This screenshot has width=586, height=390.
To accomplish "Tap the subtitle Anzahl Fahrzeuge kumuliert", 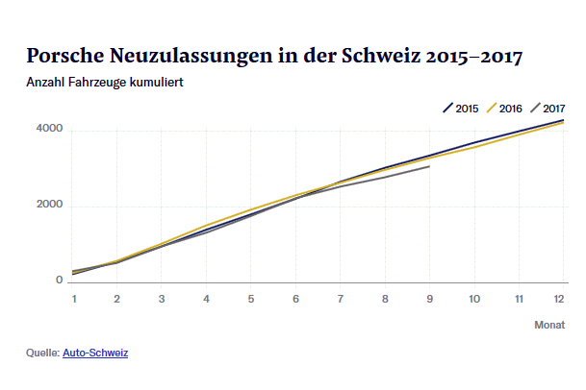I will [105, 82].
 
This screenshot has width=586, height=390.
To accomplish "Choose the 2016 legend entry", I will [505, 108].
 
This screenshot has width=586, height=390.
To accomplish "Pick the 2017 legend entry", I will [548, 108].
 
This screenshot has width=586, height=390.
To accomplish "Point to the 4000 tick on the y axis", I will [50, 129].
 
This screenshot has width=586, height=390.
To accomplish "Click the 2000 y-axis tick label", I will [50, 205].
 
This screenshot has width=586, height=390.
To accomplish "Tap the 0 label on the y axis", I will [59, 280].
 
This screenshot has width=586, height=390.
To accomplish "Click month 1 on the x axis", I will [73, 300].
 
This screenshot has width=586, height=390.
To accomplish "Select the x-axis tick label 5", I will [251, 300].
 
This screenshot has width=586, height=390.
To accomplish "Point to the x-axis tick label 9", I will [429, 300].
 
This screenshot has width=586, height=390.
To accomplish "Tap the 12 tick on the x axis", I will [559, 300].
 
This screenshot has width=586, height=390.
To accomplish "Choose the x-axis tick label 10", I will [473, 300].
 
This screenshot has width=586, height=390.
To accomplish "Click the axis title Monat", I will [549, 326].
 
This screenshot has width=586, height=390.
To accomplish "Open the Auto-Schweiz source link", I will [95, 353].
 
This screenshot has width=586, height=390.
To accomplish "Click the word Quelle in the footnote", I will [42, 353].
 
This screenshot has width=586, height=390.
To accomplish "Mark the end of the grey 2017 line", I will [429, 166].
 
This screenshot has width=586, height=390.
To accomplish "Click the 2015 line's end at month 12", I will [563, 121].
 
